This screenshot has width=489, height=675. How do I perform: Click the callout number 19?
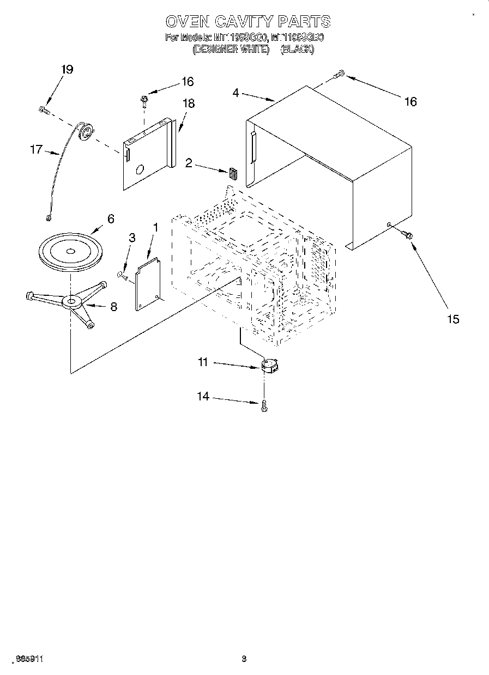coord(67,70)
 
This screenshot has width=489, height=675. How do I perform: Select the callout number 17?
coord(36,149)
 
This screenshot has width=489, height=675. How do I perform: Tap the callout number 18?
coord(189,104)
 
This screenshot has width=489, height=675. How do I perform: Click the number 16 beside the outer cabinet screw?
coord(410,101)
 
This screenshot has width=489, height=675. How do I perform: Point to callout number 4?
coord(236,93)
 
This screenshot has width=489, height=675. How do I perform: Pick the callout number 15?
coord(453,319)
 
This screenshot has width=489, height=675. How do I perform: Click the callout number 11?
coord(203,362)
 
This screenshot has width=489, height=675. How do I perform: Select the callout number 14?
coord(203,397)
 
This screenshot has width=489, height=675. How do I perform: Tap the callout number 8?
coord(113,307)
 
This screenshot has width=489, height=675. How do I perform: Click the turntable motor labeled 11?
coord(269,365)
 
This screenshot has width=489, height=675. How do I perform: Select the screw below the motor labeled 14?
coord(264,405)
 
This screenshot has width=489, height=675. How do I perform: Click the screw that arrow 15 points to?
coord(406,234)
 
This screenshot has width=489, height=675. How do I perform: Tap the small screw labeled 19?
coord(44,111)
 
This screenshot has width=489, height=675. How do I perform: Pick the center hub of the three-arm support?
coord(71,301)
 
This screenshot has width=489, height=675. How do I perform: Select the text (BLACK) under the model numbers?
coord(297,50)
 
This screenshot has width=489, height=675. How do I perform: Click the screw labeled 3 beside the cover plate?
coord(122,276)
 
